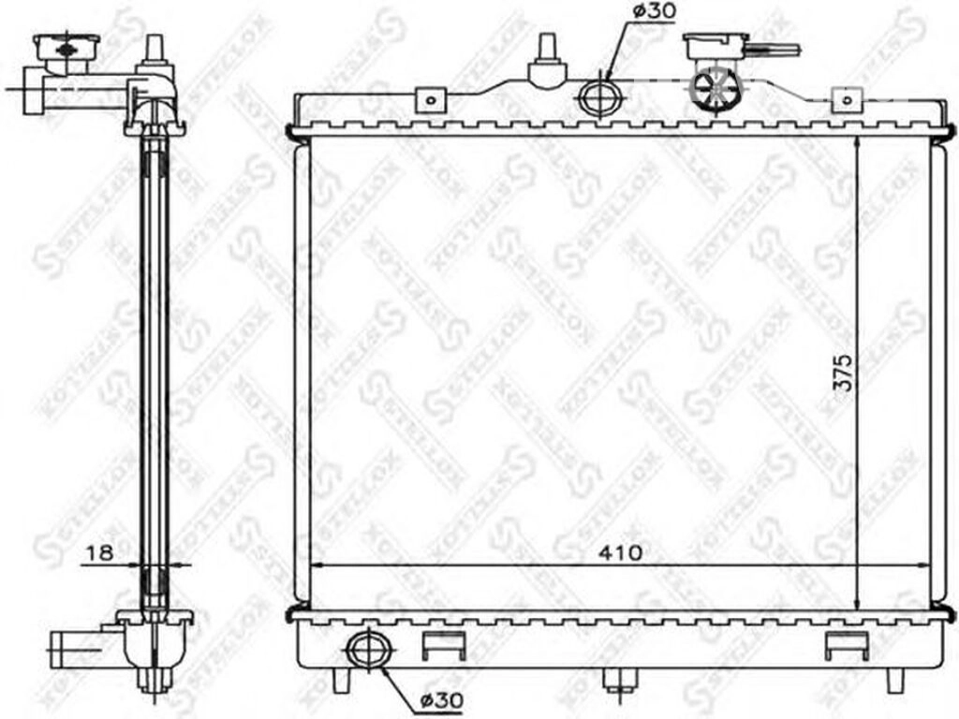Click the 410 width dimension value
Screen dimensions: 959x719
(620, 552)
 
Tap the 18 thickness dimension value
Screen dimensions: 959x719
(99, 552)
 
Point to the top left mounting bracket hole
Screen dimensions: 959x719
(431, 99)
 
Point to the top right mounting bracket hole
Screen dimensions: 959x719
(847, 99)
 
